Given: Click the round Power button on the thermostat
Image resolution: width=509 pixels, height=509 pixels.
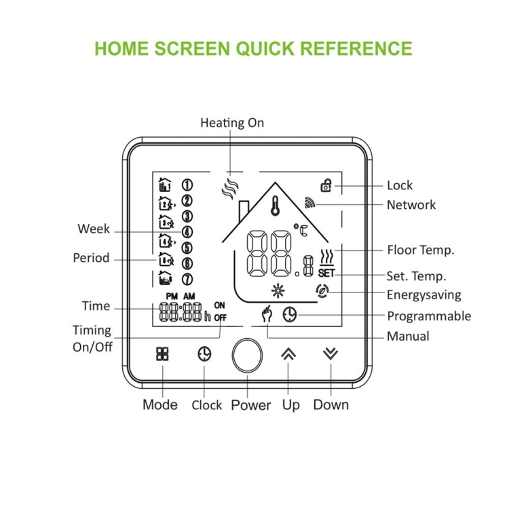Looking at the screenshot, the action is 247,355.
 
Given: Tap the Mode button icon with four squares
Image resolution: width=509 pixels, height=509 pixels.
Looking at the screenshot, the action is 162,354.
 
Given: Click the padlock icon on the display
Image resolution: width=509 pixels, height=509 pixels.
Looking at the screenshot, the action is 326,185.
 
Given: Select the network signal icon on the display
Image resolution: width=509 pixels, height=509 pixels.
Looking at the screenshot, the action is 309,202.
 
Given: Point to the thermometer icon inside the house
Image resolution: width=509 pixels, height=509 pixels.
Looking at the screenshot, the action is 276,206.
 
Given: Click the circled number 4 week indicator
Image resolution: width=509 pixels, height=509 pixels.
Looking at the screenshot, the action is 187,232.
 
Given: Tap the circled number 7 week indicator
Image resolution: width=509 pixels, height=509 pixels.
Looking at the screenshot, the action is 187,279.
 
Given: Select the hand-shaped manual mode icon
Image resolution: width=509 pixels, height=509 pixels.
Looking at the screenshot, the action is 267,314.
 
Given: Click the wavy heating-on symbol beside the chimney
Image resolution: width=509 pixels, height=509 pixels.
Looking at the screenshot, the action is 230,188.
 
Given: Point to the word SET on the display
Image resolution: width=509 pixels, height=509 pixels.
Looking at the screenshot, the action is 326,274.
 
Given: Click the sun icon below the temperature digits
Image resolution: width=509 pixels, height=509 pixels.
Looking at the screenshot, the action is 278,290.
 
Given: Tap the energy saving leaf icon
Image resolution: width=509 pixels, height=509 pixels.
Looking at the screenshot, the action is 322,291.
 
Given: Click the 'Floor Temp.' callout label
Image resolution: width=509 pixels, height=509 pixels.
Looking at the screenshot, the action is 420,250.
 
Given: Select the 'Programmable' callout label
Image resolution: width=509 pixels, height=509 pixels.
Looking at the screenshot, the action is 429,316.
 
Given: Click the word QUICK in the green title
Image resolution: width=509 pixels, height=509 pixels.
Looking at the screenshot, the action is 265,48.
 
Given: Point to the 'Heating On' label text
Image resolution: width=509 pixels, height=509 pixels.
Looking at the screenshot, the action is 232,123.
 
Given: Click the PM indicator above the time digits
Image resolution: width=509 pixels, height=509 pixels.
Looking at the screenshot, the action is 172,297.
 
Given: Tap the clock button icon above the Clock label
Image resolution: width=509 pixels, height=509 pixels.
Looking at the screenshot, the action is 204,354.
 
